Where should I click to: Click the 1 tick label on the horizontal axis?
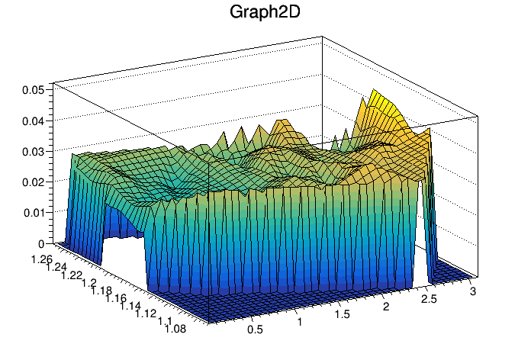[300, 322]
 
